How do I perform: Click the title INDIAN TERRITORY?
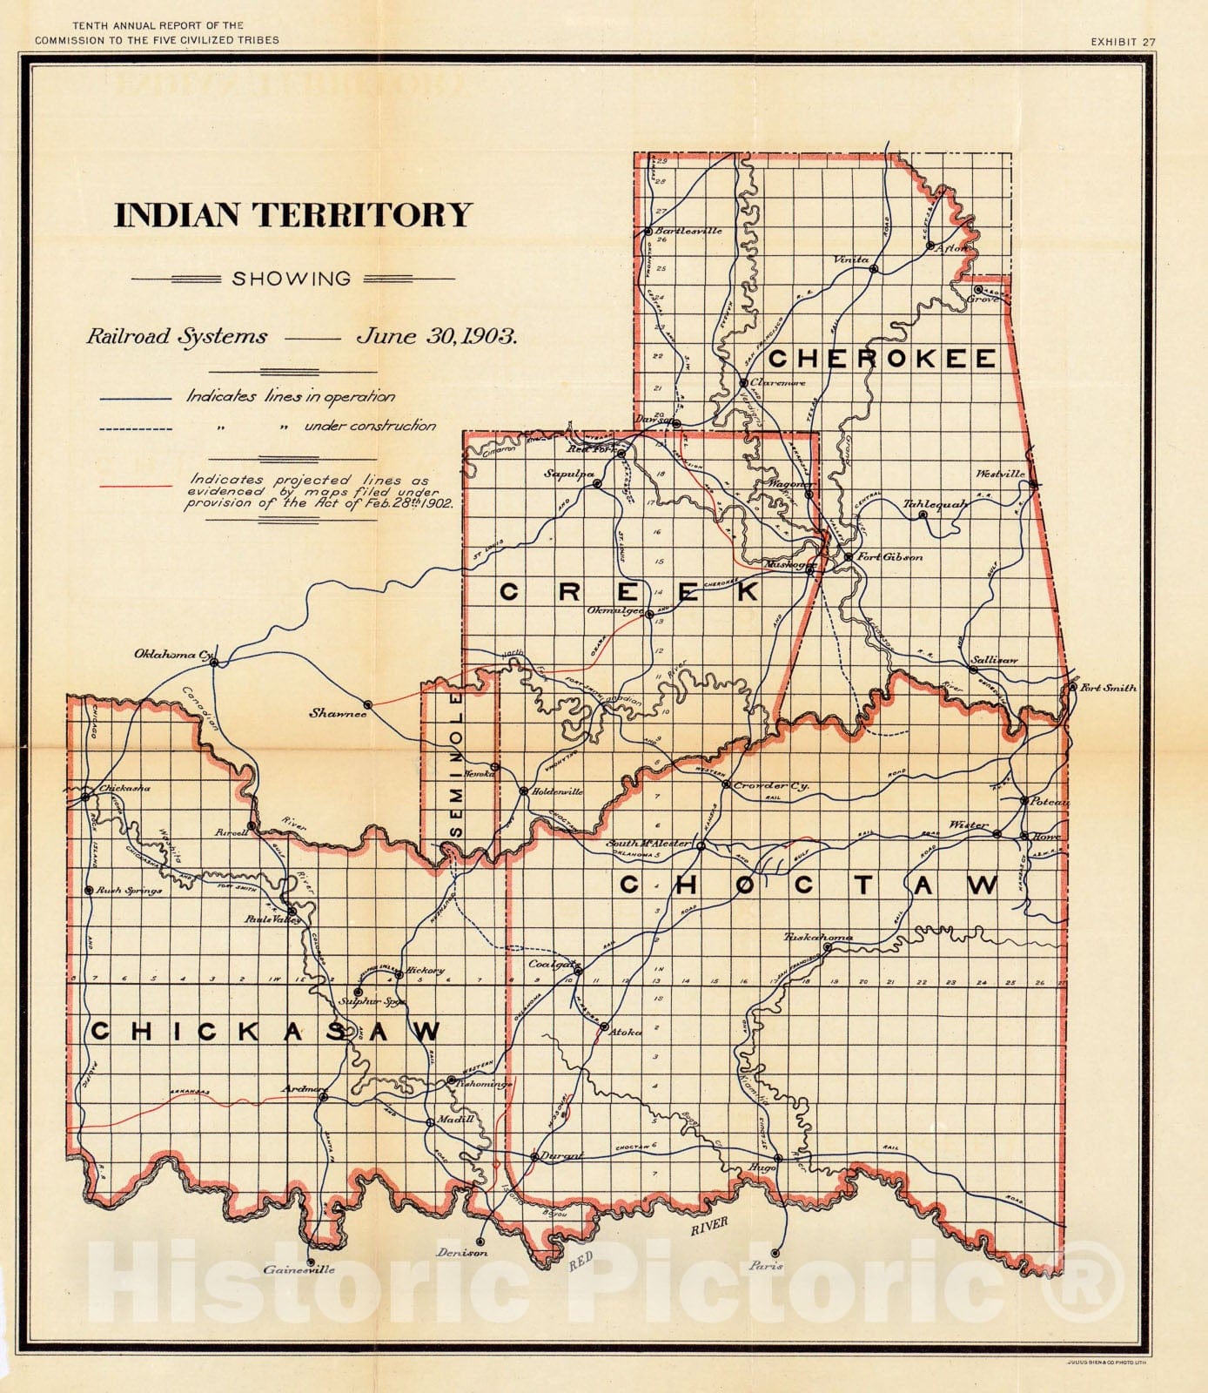292,216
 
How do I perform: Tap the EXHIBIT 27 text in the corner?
1126,41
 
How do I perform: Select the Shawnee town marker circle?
368,704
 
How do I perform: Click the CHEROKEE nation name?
882,358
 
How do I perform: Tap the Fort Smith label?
1108,688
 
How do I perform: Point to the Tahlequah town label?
936,504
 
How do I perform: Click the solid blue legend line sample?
136,399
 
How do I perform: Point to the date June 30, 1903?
436,337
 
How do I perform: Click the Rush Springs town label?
129,891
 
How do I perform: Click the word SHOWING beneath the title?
292,279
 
